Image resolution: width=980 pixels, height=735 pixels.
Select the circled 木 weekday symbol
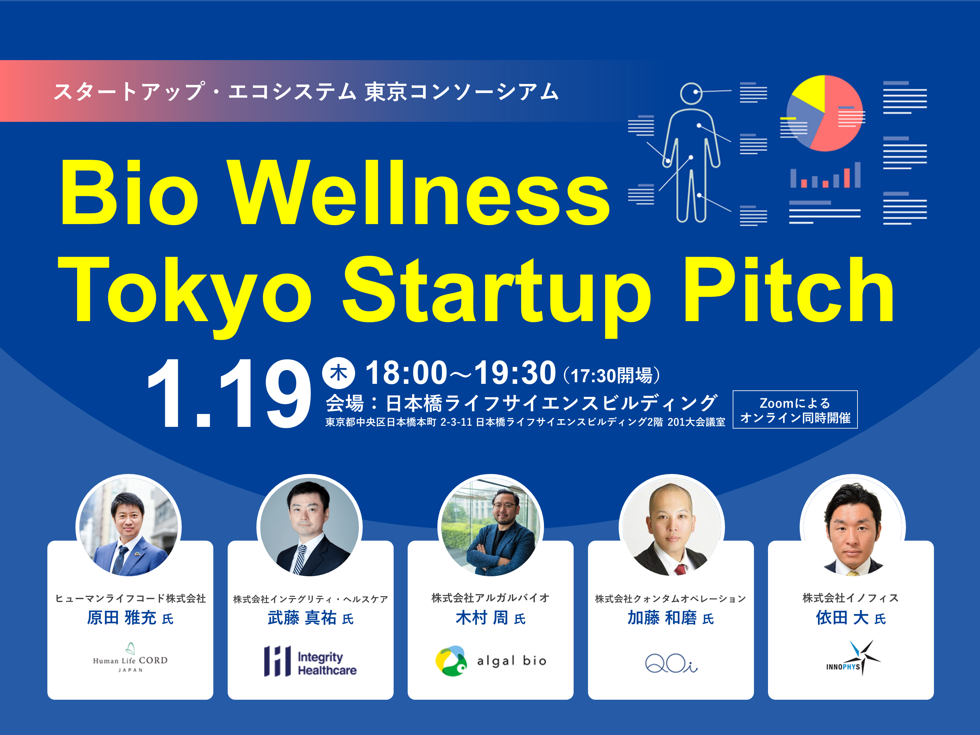pos(338,373)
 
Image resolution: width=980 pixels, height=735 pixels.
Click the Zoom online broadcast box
pos(795,410)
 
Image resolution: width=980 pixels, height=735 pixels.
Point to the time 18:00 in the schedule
pos(406,373)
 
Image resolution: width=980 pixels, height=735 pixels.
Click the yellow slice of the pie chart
pos(810,92)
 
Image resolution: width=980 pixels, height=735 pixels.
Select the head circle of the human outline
pos(692,93)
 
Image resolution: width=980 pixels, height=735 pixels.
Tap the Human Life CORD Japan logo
pos(130,659)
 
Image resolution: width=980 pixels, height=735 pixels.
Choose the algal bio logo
pos(490,661)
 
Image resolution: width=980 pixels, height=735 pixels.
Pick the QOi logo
pos(671,663)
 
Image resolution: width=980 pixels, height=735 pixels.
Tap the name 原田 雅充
pos(122,618)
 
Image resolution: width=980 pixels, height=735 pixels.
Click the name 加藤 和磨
pos(662,618)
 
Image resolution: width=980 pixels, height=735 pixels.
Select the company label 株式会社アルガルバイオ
pos(490,598)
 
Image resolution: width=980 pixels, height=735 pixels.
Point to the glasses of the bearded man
pos(504,505)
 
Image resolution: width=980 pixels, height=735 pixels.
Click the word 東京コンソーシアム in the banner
pos(461,92)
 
